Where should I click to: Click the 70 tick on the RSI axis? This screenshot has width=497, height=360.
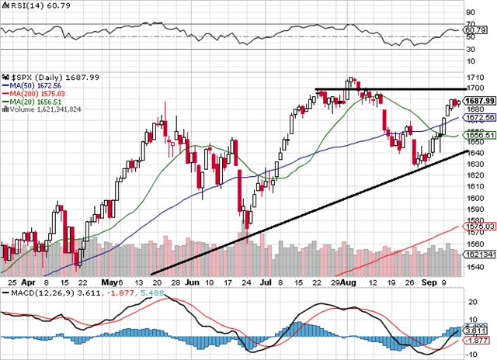pos(471,12)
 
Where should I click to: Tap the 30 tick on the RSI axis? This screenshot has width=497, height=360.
pos(471,48)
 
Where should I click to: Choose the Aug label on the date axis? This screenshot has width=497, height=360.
pos(349,284)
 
